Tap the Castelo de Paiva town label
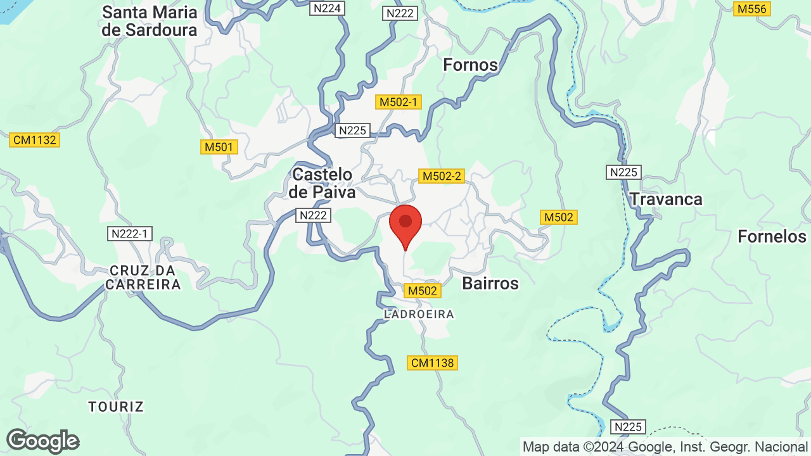click(322, 183)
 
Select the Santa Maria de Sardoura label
click(150, 21)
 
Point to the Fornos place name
click(470, 65)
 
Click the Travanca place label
click(666, 199)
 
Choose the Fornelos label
click(772, 237)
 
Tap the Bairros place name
click(490, 283)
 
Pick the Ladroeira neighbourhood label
click(419, 314)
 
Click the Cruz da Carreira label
click(143, 277)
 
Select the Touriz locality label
click(117, 407)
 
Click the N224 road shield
click(327, 8)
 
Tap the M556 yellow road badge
click(752, 9)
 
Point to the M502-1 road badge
click(398, 102)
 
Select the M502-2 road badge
click(441, 176)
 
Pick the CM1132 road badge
click(34, 140)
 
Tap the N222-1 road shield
click(129, 234)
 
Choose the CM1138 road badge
click(432, 363)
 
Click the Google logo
click(42, 441)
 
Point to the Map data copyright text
click(665, 447)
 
